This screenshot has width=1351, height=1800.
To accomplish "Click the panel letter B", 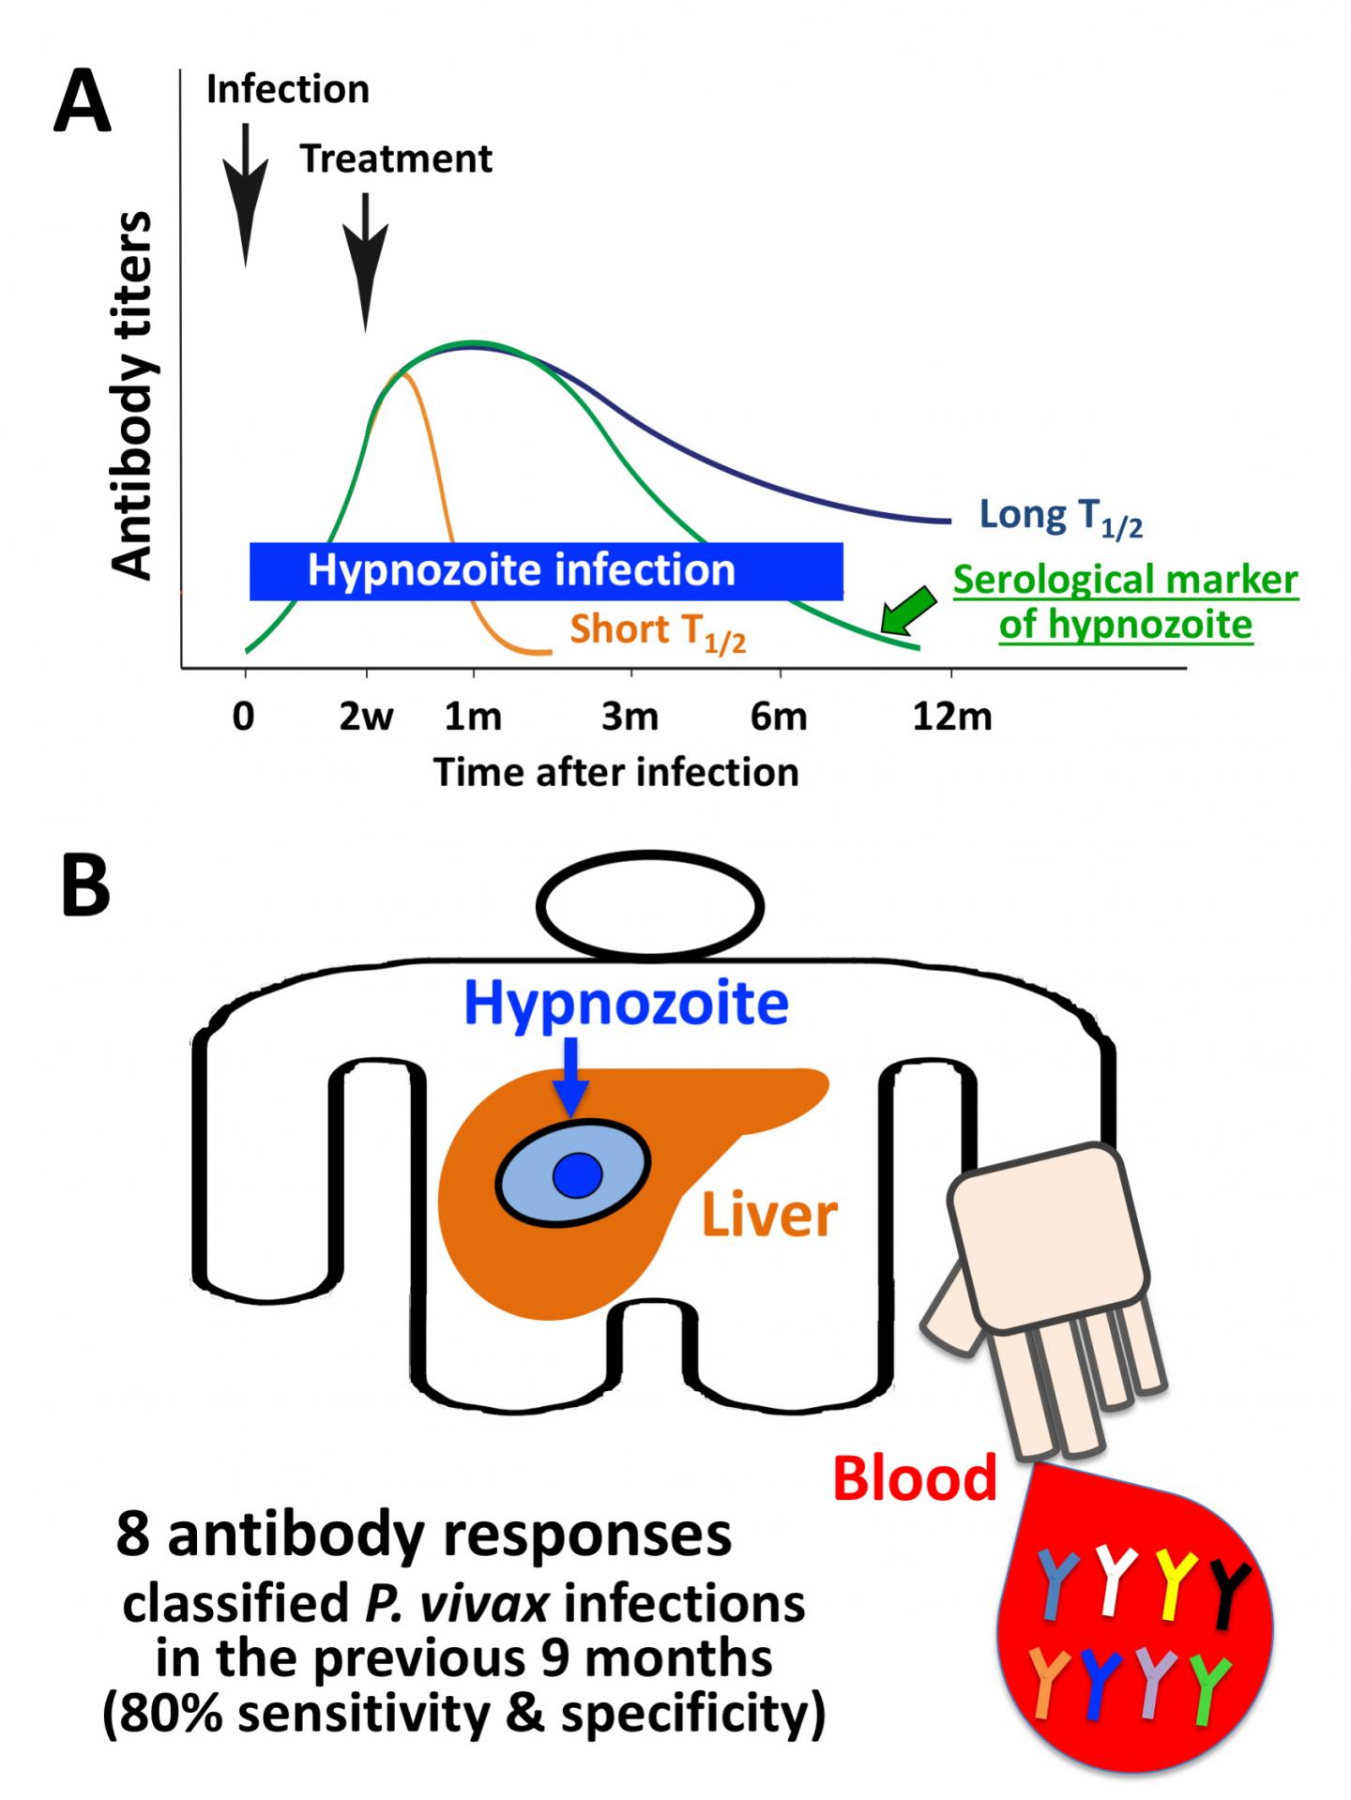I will point(85,887).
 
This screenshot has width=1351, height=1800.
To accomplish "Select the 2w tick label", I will point(366,717).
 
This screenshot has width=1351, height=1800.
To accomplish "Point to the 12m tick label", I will point(951,717).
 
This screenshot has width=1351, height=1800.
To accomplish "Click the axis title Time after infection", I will point(615,772).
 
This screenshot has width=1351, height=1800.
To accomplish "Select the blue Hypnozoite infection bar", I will point(546,570).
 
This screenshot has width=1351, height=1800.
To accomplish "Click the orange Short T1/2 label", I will point(657,630).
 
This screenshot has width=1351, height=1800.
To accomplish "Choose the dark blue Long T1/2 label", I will point(1060,517).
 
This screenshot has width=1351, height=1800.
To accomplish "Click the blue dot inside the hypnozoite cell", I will point(576,1176).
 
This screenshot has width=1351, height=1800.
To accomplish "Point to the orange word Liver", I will point(769,1216).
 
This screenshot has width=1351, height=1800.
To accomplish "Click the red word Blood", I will point(914,1478).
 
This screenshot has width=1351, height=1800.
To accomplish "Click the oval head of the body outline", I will point(650,906).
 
